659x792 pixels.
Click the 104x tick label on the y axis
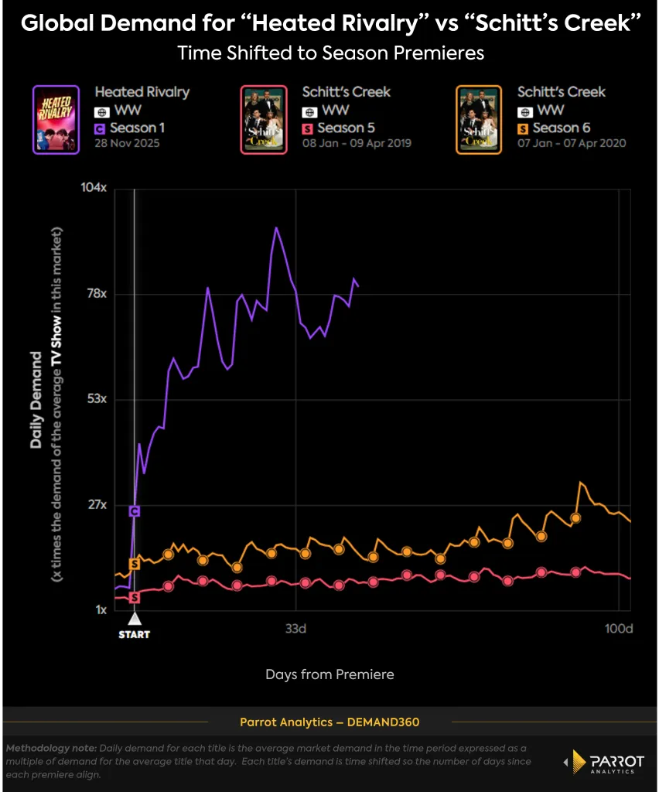(x=93, y=188)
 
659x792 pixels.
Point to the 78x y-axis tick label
(x=95, y=294)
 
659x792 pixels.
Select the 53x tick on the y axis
(x=95, y=399)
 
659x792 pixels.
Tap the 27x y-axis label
(x=95, y=505)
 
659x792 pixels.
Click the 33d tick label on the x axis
(x=295, y=629)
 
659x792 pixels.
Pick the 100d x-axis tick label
(x=619, y=629)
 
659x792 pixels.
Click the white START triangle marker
(x=135, y=618)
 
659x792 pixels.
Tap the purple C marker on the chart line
(x=135, y=511)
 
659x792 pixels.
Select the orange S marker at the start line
(x=135, y=564)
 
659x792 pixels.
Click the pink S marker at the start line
(x=135, y=597)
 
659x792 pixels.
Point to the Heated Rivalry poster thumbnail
(x=56, y=119)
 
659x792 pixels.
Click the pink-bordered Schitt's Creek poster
(x=264, y=119)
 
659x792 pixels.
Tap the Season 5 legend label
(x=349, y=128)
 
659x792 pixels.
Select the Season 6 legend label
(x=564, y=128)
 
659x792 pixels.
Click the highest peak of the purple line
(x=275, y=227)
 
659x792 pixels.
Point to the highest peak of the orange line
(x=580, y=482)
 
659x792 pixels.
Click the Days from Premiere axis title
(x=329, y=674)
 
